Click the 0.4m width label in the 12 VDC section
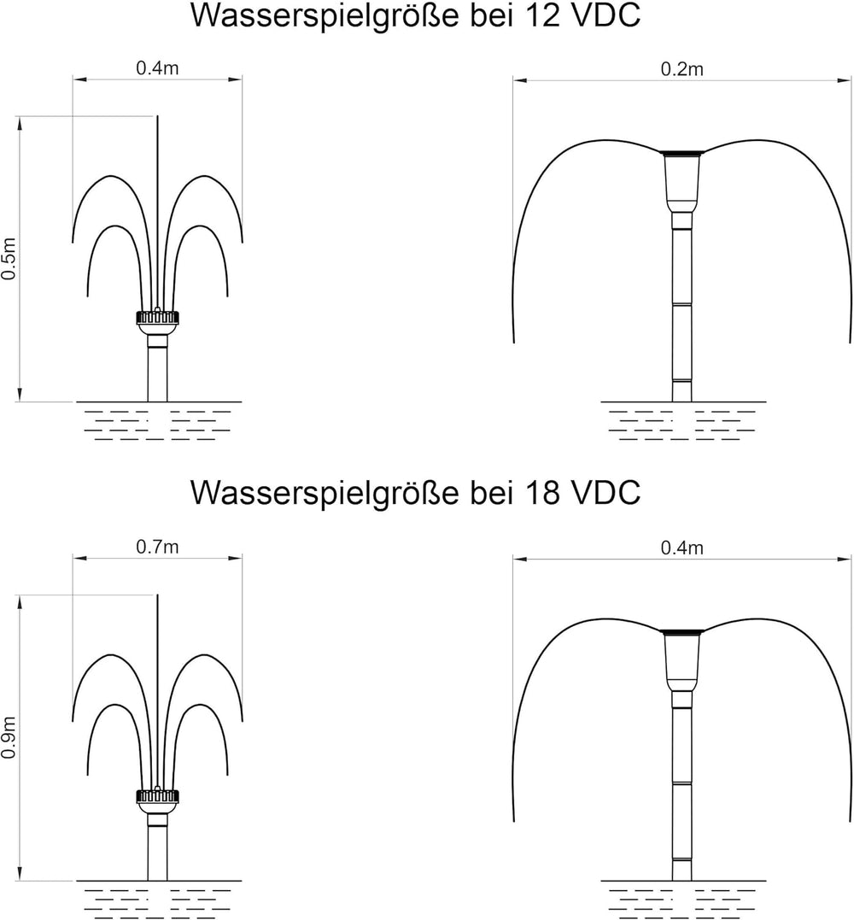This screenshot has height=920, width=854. pos(157,68)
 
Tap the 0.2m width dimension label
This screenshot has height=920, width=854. pos(681,69)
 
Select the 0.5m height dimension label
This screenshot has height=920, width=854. pos(9,259)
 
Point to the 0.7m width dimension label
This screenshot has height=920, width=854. pos(157,547)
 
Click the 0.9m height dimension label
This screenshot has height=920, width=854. pos(9,737)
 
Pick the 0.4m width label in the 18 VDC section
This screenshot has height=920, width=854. pos(681,548)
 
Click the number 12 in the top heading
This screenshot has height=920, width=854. pos(536,15)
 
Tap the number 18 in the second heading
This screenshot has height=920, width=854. pos(536,493)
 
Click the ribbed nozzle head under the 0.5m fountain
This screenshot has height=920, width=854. pos(157,318)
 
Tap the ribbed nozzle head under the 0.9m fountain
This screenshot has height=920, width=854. pos(157,795)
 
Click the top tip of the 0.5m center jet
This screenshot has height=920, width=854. pos(157,116)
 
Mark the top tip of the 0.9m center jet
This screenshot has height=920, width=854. pos(157,595)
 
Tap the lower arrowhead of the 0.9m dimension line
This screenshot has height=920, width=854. pos(20,875)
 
